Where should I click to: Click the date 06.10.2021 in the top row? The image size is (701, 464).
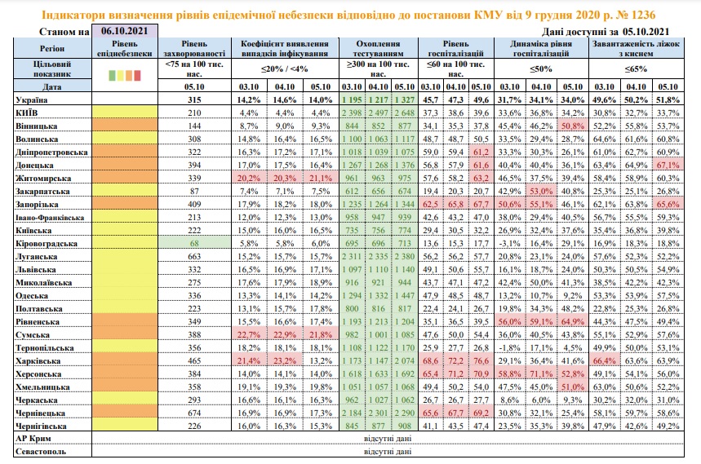(119, 31)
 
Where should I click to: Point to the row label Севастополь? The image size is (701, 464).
(38, 450)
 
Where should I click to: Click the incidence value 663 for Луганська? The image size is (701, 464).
(193, 255)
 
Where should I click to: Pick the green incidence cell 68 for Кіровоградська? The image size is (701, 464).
(194, 243)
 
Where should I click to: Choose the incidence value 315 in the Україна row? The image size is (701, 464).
(193, 99)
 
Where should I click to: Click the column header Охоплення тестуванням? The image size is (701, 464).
(378, 49)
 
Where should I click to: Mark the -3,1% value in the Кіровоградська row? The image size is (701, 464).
(509, 243)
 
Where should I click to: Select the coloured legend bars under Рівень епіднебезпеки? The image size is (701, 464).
(126, 75)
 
